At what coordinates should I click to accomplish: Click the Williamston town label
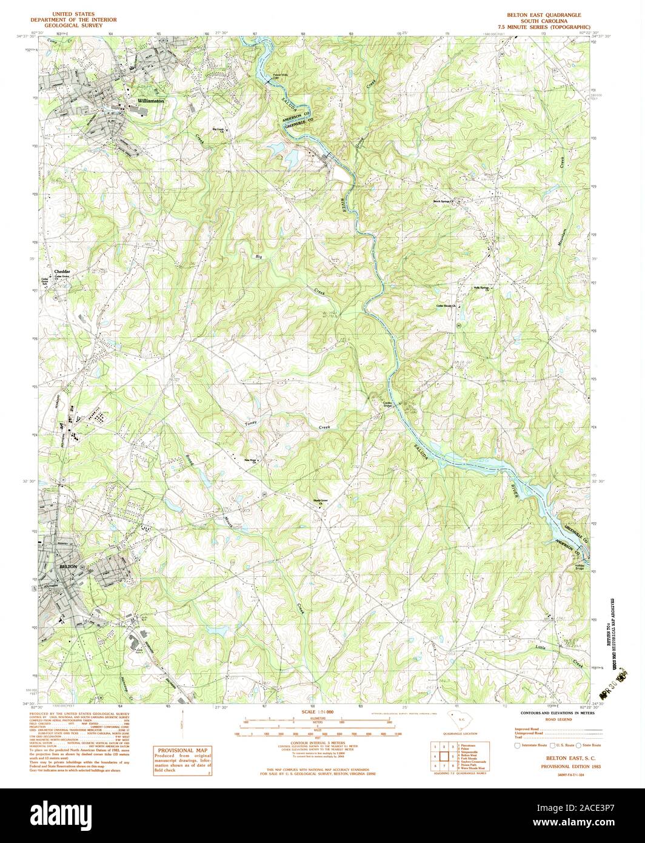click(151, 101)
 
